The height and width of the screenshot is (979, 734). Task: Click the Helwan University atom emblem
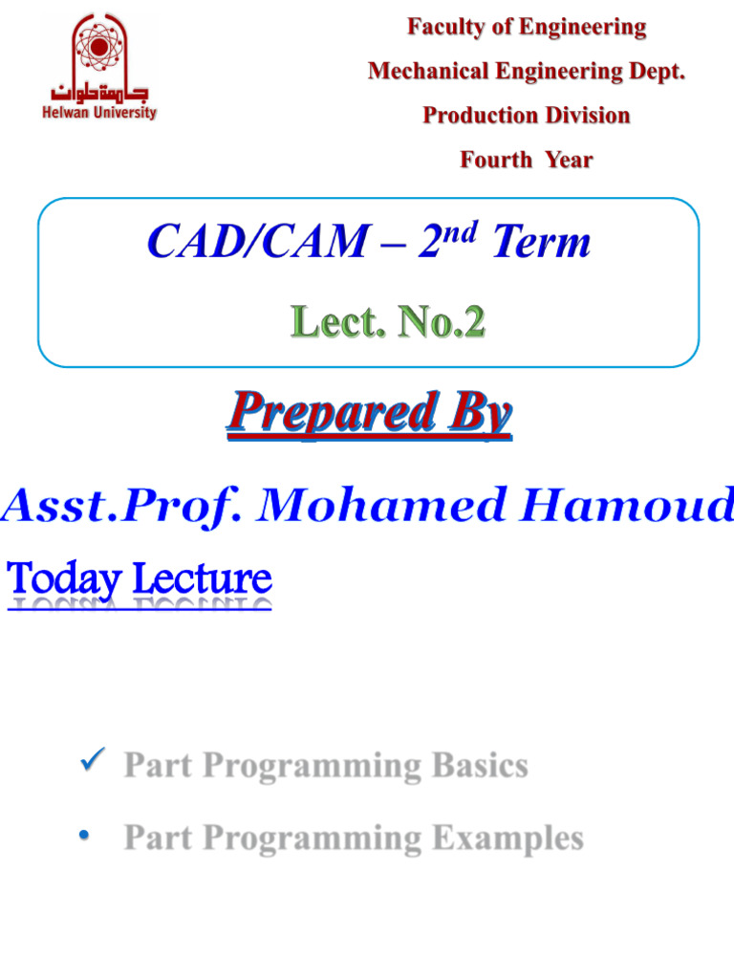pyautogui.click(x=100, y=45)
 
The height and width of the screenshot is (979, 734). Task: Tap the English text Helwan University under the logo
pyautogui.click(x=99, y=113)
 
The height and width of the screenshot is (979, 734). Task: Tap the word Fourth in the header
pyautogui.click(x=497, y=160)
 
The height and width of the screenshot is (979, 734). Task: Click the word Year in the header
pyautogui.click(x=569, y=160)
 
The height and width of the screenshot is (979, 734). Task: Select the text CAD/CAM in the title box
pyautogui.click(x=257, y=244)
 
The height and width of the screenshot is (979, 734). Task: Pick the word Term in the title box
pyautogui.click(x=541, y=244)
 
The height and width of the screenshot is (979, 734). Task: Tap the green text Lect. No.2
pyautogui.click(x=389, y=322)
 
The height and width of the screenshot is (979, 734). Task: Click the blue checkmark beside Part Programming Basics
pyautogui.click(x=93, y=762)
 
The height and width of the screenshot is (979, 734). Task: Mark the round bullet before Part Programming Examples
pyautogui.click(x=85, y=837)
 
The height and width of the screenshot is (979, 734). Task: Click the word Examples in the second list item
pyautogui.click(x=507, y=838)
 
